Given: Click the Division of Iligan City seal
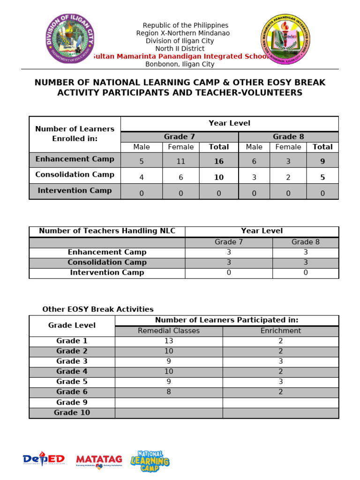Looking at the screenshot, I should click(70, 38).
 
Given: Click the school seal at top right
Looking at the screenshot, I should click(285, 39).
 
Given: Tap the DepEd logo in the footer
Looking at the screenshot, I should click(44, 460).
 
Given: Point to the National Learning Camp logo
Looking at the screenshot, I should click(150, 461).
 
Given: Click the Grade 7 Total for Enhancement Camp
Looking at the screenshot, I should click(218, 161).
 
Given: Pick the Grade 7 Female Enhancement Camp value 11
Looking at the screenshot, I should click(180, 161).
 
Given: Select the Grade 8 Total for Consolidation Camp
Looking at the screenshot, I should click(322, 177).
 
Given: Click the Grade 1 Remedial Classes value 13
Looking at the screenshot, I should click(169, 341).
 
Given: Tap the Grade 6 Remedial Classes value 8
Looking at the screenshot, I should click(169, 392).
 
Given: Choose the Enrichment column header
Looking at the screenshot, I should click(280, 330).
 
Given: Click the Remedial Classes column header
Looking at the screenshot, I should click(169, 330).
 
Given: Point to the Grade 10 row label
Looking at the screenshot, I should click(72, 412).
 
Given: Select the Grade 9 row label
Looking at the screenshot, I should click(72, 402).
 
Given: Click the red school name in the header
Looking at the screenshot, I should click(180, 56).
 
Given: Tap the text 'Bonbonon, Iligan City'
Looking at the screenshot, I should click(180, 64).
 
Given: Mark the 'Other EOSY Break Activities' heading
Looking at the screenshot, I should click(98, 309).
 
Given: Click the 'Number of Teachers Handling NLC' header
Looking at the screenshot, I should click(107, 231).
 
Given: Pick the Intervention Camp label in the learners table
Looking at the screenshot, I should click(75, 190).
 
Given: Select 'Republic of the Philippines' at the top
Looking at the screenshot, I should click(186, 25).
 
